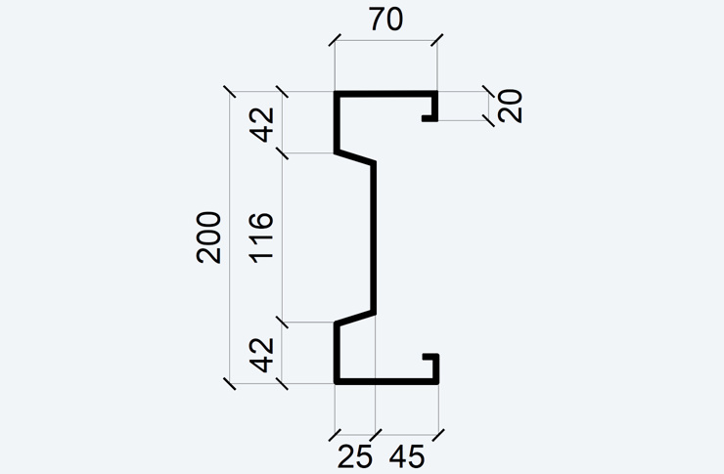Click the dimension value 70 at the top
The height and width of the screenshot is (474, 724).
[386, 20]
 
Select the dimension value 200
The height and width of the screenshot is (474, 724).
[208, 237]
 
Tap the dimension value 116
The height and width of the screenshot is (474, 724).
[261, 237]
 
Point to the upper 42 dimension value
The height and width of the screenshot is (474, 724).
[262, 124]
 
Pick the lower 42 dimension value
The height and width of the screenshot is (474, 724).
[262, 355]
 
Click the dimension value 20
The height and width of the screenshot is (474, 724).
[510, 107]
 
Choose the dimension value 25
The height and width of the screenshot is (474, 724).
[354, 457]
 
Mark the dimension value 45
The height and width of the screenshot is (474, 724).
[407, 457]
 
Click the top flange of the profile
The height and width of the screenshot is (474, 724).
[386, 94]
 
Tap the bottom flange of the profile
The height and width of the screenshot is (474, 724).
[386, 381]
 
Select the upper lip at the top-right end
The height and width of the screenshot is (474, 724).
[434, 107]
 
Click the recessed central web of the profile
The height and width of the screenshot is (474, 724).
[373, 237]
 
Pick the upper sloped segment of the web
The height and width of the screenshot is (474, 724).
[354, 156]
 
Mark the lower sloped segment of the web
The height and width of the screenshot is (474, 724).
[354, 318]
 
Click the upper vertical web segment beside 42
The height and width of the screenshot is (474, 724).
[338, 122]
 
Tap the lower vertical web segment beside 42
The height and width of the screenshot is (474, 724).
[338, 353]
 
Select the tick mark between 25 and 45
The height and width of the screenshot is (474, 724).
[376, 435]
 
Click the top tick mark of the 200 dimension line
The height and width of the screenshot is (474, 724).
[230, 91]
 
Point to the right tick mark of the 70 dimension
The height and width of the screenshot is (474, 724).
[436, 40]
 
